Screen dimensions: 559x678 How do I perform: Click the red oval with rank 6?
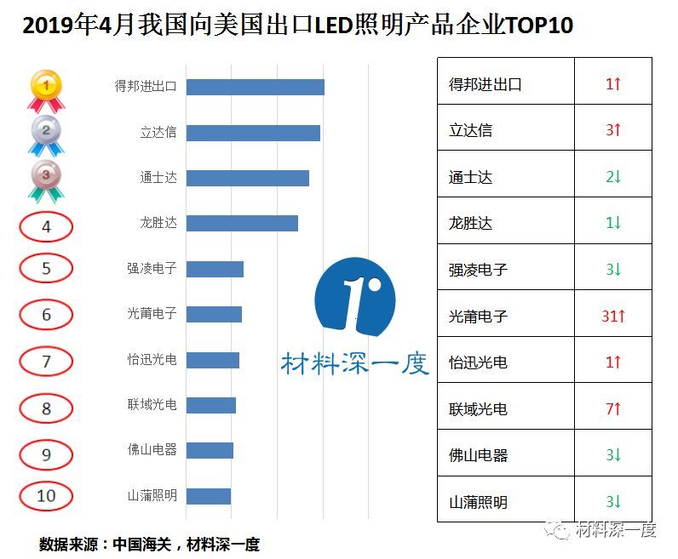pos(46,314)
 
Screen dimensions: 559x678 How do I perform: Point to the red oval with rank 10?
pos(46,495)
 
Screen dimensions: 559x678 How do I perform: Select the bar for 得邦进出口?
pos(255,87)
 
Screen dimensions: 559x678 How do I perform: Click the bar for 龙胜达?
pos(242,223)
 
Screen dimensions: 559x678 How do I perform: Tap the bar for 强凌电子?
pos(215,269)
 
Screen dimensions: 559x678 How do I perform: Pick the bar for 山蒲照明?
pos(209,496)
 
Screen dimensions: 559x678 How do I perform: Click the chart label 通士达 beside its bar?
pos(158,178)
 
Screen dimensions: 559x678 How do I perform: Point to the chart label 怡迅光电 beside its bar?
pos(152,359)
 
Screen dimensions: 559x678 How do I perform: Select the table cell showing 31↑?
pos(613,316)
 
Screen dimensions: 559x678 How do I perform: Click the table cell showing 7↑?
pos(613,408)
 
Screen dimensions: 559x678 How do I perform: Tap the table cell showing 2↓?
pos(613,176)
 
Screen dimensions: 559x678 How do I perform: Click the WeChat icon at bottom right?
pos(560,531)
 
